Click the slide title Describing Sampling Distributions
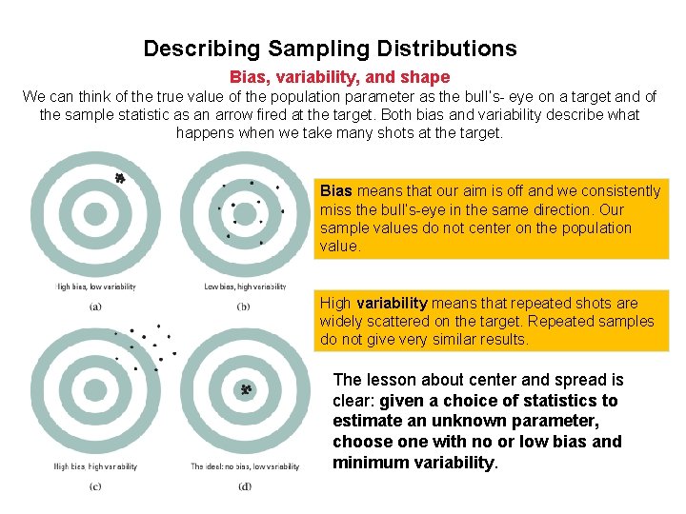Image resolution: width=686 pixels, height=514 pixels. (330, 49)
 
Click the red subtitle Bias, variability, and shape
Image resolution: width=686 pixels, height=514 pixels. (339, 77)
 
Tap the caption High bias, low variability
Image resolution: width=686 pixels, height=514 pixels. (95, 287)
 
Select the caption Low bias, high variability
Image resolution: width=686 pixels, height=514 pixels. (245, 287)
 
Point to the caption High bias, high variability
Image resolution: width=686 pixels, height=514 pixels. (95, 466)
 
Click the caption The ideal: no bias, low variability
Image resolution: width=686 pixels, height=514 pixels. (245, 466)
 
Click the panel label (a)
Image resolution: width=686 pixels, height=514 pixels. (95, 306)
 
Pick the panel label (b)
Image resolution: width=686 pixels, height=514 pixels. (244, 306)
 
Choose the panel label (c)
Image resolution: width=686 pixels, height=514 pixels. (95, 486)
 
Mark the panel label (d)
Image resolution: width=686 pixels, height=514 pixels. (245, 486)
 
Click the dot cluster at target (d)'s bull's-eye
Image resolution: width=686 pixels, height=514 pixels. (245, 390)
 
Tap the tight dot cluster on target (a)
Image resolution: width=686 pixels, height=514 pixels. (119, 178)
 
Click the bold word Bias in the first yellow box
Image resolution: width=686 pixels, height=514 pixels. (335, 191)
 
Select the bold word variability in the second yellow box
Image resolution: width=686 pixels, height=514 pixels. (386, 304)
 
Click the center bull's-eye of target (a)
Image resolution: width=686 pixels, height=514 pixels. (95, 214)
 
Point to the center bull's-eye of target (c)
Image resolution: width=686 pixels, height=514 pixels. (95, 392)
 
